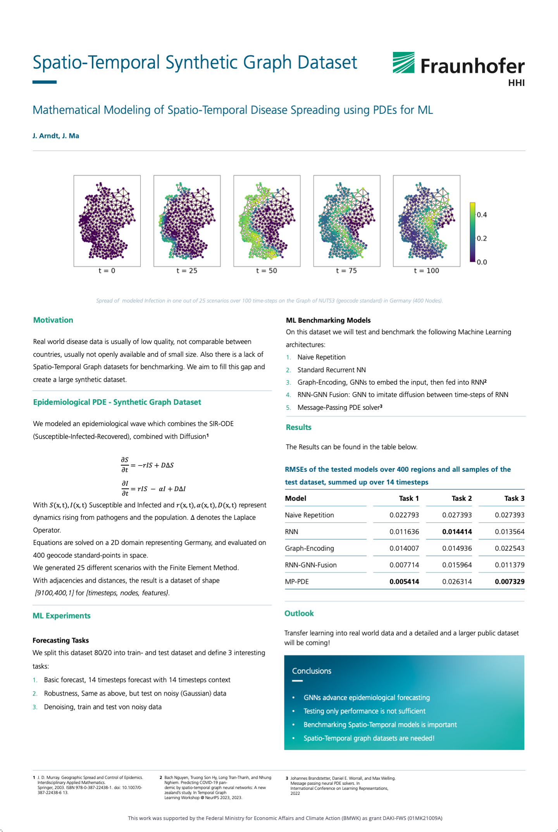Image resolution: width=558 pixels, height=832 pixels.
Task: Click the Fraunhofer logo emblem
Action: (x=403, y=63)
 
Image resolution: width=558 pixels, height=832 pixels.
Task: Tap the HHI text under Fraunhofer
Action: (x=516, y=83)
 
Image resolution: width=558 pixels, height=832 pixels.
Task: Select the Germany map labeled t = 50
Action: (x=267, y=220)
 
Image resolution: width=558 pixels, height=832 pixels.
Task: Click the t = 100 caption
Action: (x=426, y=271)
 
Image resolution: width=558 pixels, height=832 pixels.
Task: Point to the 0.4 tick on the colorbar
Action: (x=481, y=215)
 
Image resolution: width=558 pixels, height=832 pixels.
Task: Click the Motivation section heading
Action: (x=53, y=320)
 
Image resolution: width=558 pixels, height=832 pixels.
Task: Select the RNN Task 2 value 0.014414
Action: (x=457, y=532)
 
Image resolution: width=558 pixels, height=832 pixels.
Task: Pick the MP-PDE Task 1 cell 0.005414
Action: (x=404, y=581)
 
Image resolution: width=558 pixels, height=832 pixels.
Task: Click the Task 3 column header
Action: (x=514, y=499)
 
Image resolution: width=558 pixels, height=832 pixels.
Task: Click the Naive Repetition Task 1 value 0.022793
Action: (x=404, y=515)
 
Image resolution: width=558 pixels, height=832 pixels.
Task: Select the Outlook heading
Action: (x=299, y=614)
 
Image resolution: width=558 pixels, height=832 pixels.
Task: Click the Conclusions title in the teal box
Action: (x=312, y=671)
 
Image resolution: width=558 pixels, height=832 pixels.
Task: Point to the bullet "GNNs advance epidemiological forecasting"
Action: (x=367, y=698)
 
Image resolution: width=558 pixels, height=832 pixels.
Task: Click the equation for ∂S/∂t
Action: (x=147, y=465)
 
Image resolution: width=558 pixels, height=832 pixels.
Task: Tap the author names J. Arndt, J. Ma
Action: (x=56, y=136)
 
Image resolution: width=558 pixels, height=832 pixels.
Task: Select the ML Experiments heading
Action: (x=62, y=616)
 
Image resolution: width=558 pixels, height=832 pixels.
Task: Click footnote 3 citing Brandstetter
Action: (x=341, y=785)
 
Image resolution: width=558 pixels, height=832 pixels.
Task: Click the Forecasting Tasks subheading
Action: (x=61, y=640)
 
